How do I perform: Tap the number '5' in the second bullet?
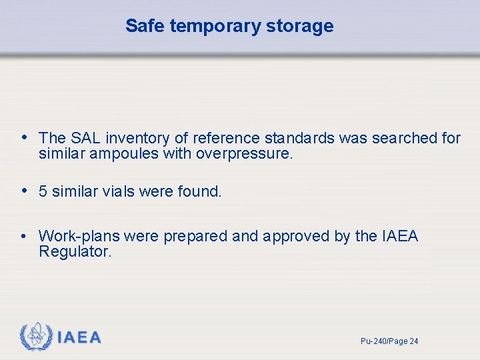[43, 192]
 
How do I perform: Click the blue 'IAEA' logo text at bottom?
[79, 338]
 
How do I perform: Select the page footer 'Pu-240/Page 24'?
[389, 341]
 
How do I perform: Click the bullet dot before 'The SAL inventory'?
[24, 137]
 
